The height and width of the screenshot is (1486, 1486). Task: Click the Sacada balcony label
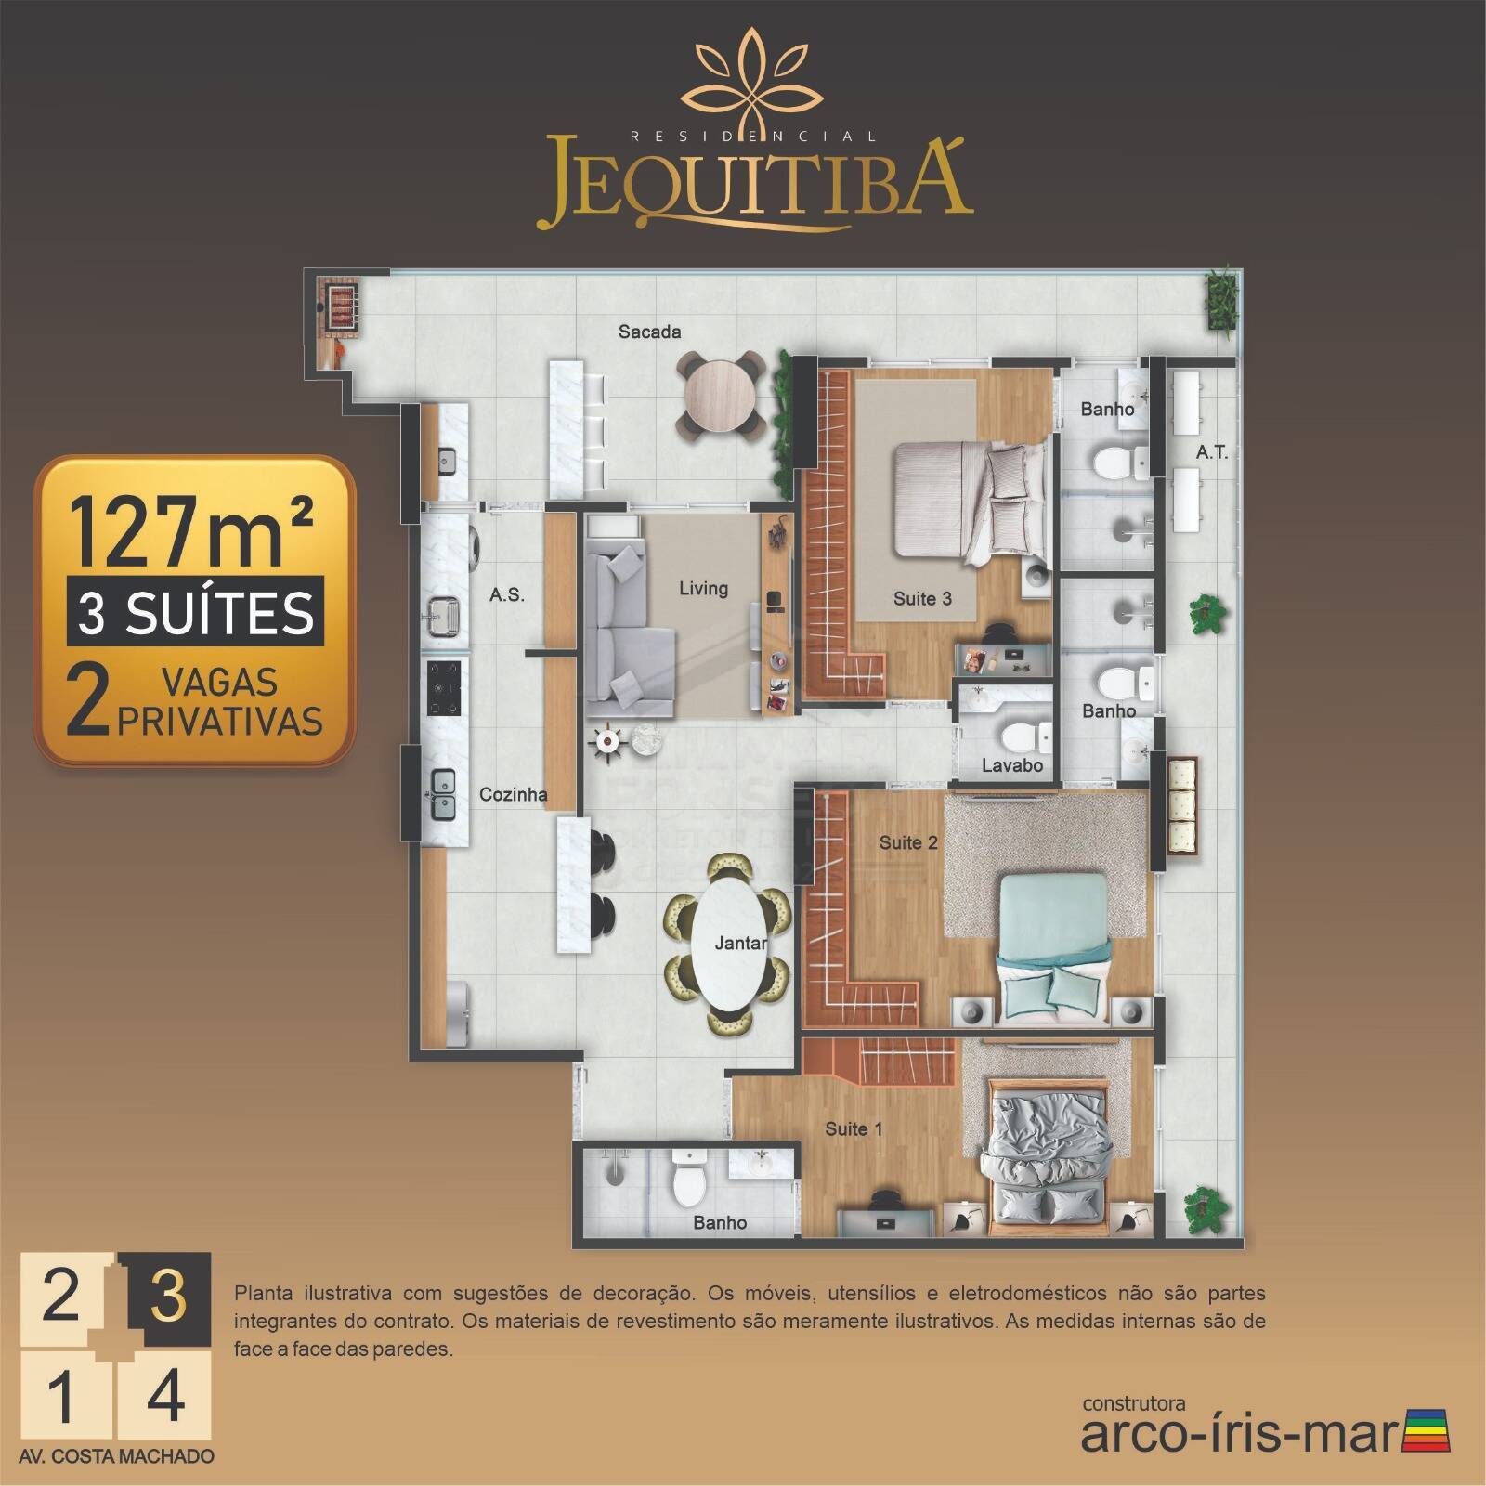[650, 332]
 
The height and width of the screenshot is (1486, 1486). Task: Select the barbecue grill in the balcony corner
[340, 303]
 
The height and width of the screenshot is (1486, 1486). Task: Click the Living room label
[703, 588]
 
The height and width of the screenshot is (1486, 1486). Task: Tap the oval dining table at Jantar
[727, 943]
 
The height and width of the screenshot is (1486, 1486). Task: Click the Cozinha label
[513, 795]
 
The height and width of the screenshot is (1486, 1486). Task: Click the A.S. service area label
[507, 594]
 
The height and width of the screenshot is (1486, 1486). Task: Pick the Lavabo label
[1012, 766]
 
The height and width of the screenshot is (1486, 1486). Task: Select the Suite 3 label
[922, 599]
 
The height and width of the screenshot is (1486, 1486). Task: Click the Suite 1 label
[854, 1129]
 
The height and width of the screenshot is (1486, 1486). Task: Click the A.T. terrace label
[1212, 452]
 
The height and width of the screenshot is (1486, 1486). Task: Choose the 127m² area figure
[190, 530]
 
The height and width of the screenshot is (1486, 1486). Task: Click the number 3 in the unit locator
[168, 1294]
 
